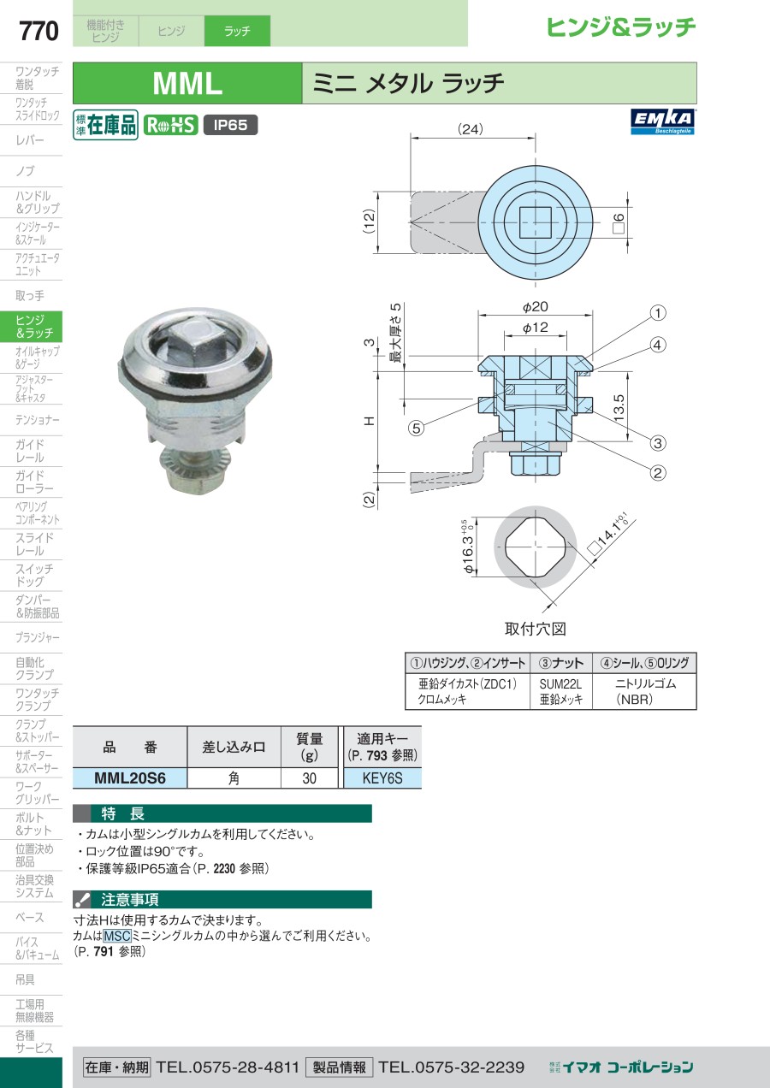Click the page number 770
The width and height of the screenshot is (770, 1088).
pyautogui.click(x=38, y=31)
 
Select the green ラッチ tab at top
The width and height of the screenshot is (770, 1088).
pyautogui.click(x=237, y=31)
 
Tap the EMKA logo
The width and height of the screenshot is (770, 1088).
pyautogui.click(x=662, y=121)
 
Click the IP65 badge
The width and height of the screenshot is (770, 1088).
pyautogui.click(x=230, y=125)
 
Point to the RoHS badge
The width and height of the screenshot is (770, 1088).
pyautogui.click(x=170, y=125)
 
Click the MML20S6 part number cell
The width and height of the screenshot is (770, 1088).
pyautogui.click(x=130, y=778)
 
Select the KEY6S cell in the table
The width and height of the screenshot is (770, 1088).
pyautogui.click(x=382, y=778)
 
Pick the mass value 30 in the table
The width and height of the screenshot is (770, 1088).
pyautogui.click(x=310, y=778)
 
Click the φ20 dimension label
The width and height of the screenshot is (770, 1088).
pyautogui.click(x=535, y=306)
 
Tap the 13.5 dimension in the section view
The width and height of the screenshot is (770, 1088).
pyautogui.click(x=619, y=407)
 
